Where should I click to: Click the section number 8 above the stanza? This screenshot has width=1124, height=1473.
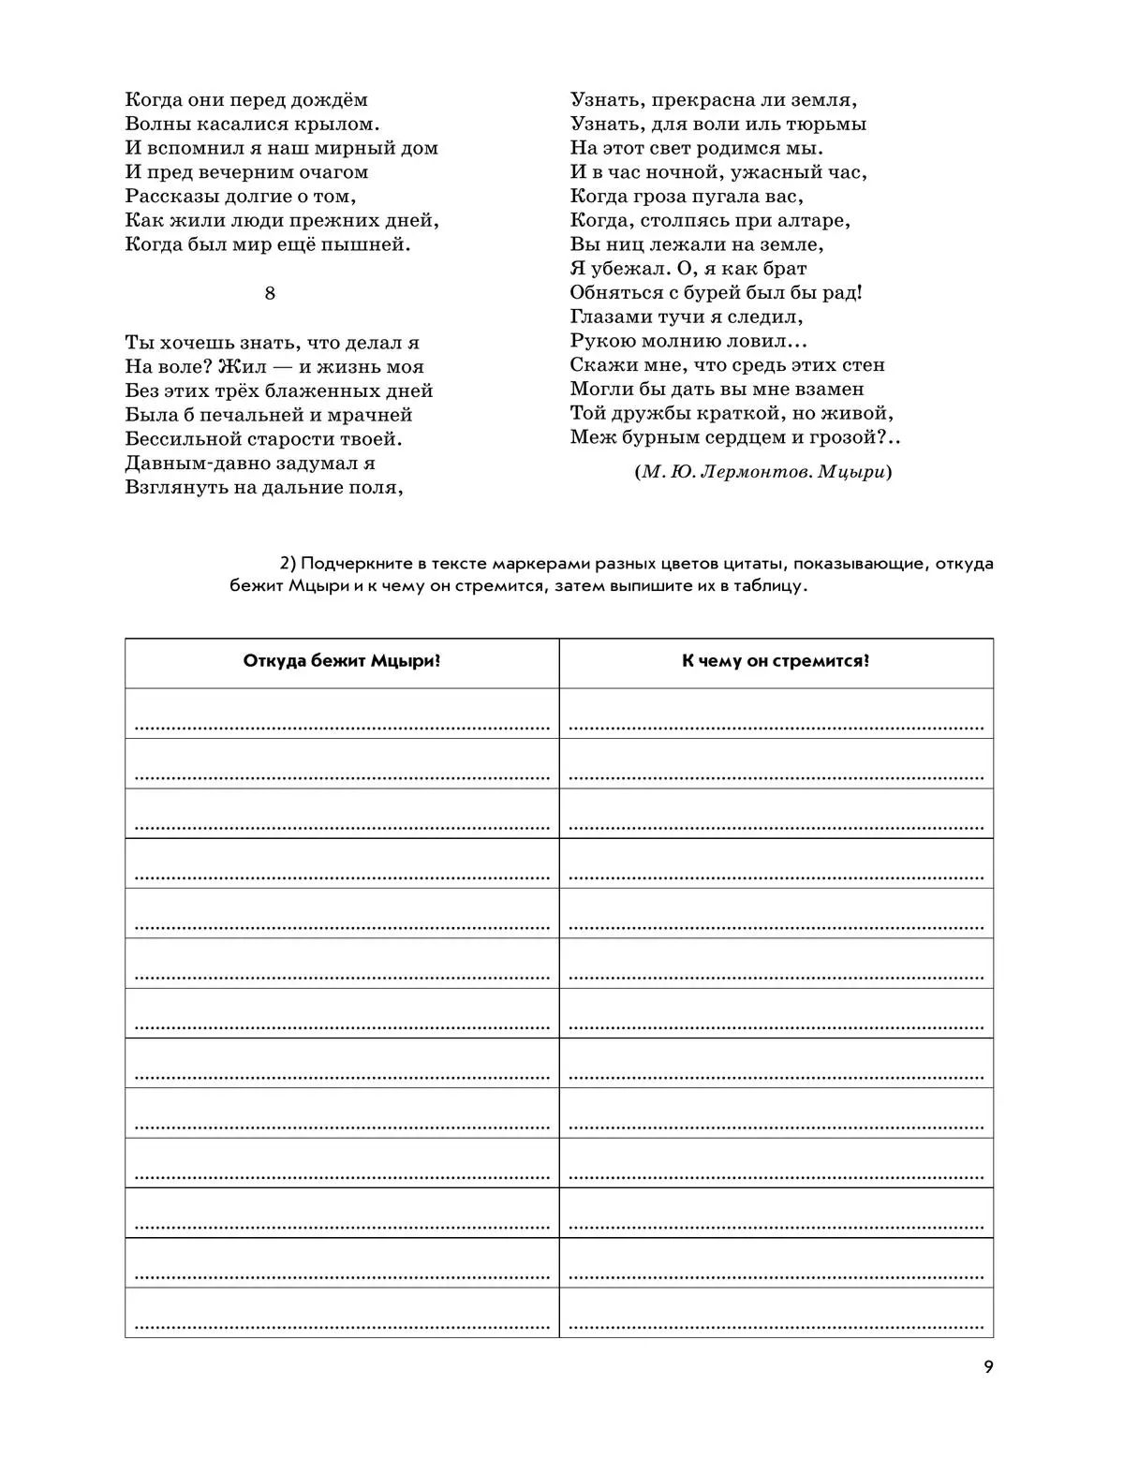point(270,293)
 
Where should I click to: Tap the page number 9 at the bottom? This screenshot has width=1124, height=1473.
point(988,1366)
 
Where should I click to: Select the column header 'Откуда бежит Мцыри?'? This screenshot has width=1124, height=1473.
point(342,661)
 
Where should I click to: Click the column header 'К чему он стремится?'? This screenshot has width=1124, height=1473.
point(776,661)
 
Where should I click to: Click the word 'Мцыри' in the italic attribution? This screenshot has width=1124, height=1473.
point(850,472)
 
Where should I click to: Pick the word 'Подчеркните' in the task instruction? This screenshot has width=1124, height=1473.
point(348,564)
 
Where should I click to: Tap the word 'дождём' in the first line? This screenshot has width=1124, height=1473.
point(333,100)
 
